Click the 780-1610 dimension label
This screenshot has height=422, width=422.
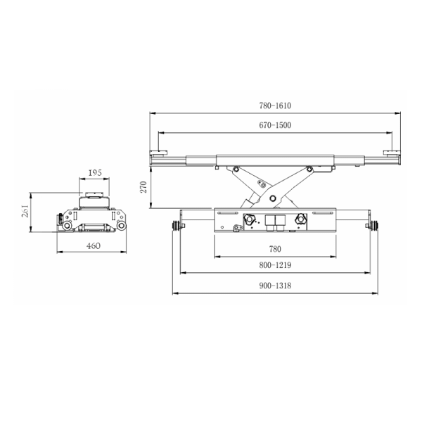275,105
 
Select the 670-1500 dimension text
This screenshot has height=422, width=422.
275,125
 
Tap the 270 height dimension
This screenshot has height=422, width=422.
143,187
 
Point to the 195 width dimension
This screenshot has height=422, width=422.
95,172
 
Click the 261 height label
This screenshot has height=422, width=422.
25,211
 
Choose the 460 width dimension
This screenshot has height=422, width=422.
94,245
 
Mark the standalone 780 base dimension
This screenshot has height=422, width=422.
275,249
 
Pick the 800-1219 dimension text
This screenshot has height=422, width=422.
275,265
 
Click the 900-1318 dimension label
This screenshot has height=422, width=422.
275,286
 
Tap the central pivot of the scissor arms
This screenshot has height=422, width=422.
273,198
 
